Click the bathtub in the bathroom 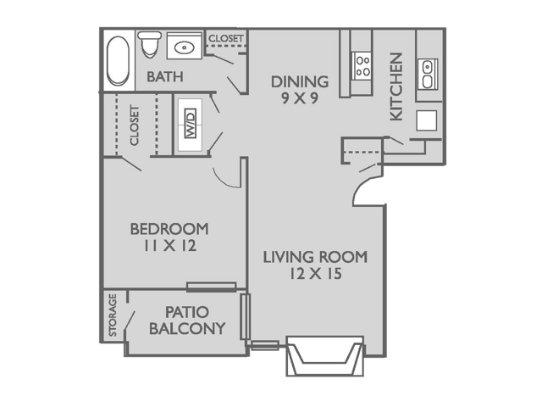click(118, 59)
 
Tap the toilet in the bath click(151, 42)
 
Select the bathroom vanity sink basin click(184, 47)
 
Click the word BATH click(166, 77)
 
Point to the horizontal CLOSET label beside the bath click(226, 39)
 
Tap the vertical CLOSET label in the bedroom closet click(134, 125)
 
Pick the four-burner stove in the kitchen click(363, 65)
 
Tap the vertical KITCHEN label click(395, 87)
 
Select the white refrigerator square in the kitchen click(427, 120)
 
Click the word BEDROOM click(169, 229)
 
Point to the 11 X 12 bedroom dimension click(169, 247)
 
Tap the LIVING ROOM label click(315, 257)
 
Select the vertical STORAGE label click(113, 316)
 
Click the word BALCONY click(187, 328)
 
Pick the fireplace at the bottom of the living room click(325, 355)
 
